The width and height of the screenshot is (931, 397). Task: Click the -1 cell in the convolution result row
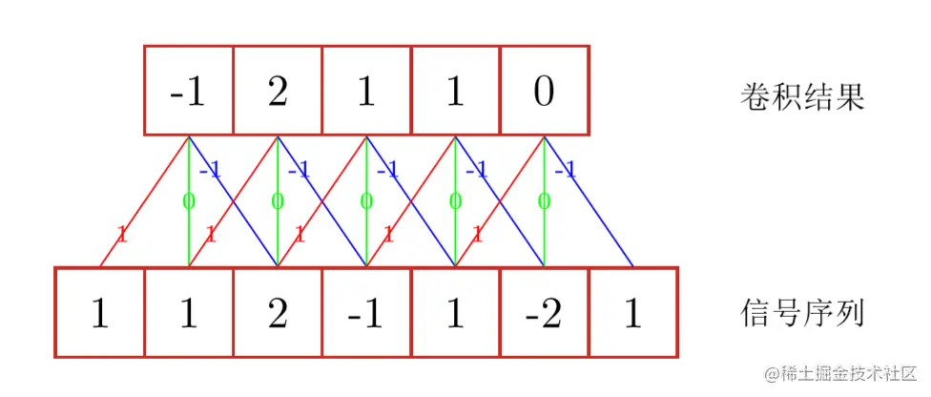coord(189,90)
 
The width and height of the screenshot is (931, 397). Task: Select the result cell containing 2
coord(278,90)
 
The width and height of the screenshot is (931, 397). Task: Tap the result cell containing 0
coord(544,90)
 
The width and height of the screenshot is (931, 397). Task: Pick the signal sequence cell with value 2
coord(278,313)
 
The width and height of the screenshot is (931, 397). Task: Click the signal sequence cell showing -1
coord(366,313)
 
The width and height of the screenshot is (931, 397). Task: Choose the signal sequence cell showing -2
coord(544,313)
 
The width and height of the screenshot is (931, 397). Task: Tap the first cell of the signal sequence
coord(100,313)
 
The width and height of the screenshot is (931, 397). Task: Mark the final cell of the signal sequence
coord(631,313)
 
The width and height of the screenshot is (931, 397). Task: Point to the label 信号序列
coord(802,313)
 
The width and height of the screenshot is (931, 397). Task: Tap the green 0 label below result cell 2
coord(277,201)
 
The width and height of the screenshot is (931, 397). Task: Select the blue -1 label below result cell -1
coord(211,172)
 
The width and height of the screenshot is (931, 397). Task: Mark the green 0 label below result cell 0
coord(543,201)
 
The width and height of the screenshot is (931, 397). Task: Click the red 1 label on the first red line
coord(121,234)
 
